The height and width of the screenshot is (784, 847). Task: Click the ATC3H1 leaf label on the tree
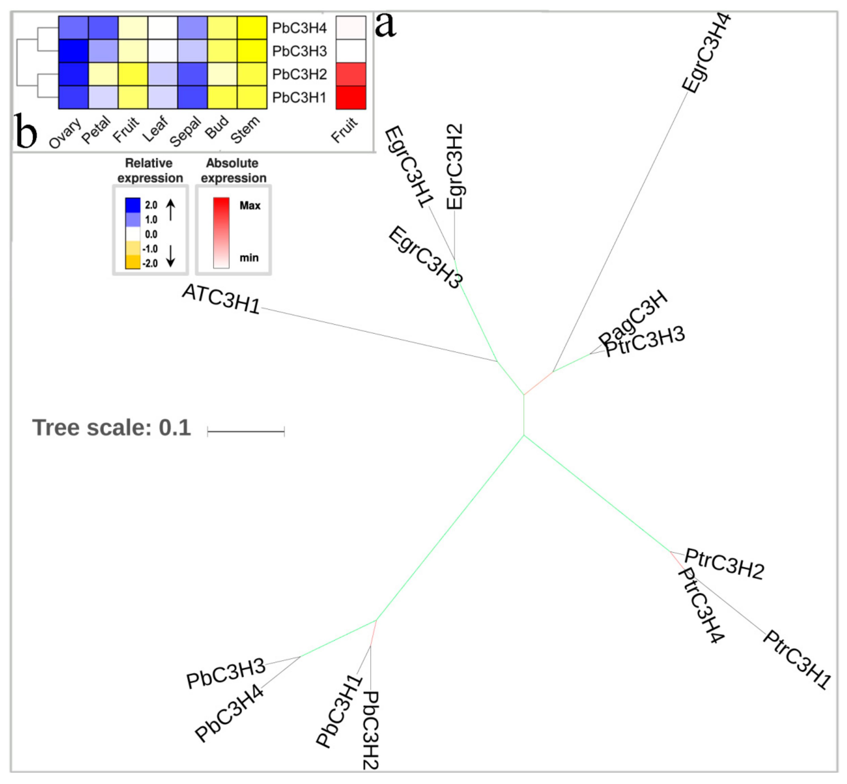[221, 299]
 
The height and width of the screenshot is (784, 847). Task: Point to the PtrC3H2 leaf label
[724, 564]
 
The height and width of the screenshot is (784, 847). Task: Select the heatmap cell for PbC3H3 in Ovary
[73, 51]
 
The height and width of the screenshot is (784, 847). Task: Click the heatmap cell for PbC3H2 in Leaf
[162, 74]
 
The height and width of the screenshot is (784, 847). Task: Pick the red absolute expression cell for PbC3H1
[351, 98]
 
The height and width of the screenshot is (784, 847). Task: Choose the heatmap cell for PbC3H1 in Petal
[103, 98]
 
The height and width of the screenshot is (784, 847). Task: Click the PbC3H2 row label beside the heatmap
[299, 74]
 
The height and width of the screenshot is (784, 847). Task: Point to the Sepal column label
[185, 132]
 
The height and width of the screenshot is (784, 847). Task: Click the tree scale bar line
[246, 432]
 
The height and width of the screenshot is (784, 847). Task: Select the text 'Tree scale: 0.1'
[111, 428]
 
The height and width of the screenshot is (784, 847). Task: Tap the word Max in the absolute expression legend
[250, 206]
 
